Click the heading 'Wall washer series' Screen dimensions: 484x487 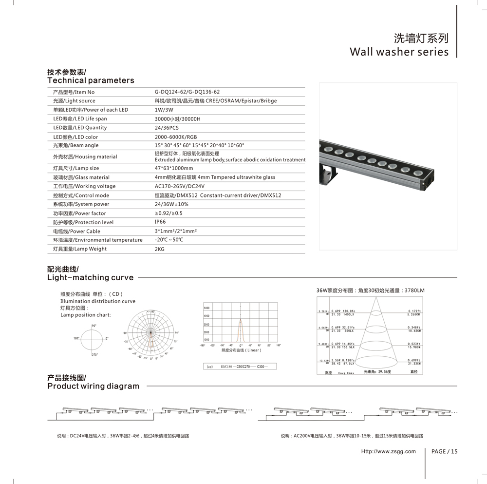pyautogui.click(x=399, y=52)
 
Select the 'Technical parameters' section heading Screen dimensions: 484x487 pyautogui.click(x=91, y=80)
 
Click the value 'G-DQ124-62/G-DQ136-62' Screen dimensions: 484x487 pyautogui.click(x=187, y=92)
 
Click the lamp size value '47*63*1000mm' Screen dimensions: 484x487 pyautogui.click(x=174, y=169)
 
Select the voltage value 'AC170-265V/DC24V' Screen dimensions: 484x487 pyautogui.click(x=179, y=186)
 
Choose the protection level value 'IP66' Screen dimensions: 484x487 pyautogui.click(x=160, y=222)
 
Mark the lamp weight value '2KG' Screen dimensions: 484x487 pyautogui.click(x=160, y=249)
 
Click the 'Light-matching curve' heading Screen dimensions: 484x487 pyautogui.click(x=90, y=278)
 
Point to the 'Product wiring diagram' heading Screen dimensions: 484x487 pyautogui.click(x=93, y=387)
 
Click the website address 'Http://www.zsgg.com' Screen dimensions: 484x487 pyautogui.click(x=388, y=451)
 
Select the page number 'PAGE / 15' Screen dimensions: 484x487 pyautogui.click(x=445, y=451)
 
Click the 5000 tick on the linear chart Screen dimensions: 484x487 pyautogui.click(x=206, y=309)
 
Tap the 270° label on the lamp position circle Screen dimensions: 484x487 pyautogui.click(x=94, y=354)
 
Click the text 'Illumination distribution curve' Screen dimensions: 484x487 pyautogui.click(x=98, y=301)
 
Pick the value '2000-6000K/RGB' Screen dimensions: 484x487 pyautogui.click(x=176, y=137)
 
